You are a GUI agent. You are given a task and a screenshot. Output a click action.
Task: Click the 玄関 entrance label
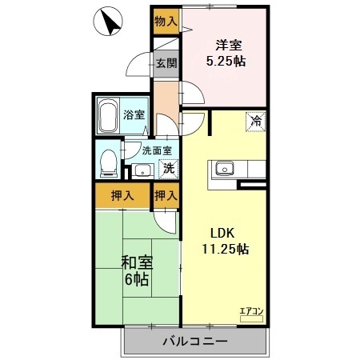(x=166, y=63)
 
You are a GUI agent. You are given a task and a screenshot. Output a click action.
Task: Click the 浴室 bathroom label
(x=134, y=114)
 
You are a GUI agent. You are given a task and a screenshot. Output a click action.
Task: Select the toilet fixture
(x=107, y=163)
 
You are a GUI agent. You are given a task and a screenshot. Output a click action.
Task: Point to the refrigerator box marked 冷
(x=256, y=122)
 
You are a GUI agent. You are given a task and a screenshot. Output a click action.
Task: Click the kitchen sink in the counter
(x=223, y=168)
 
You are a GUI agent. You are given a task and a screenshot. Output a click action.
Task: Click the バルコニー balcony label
(x=196, y=342)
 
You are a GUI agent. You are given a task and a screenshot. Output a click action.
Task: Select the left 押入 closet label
(x=122, y=195)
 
